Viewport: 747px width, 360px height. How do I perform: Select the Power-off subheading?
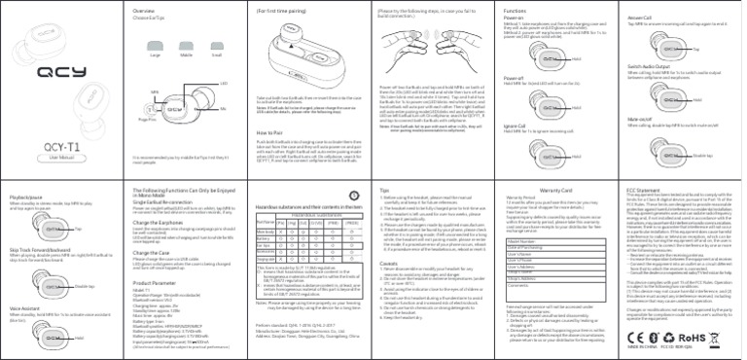pos(516,76)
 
